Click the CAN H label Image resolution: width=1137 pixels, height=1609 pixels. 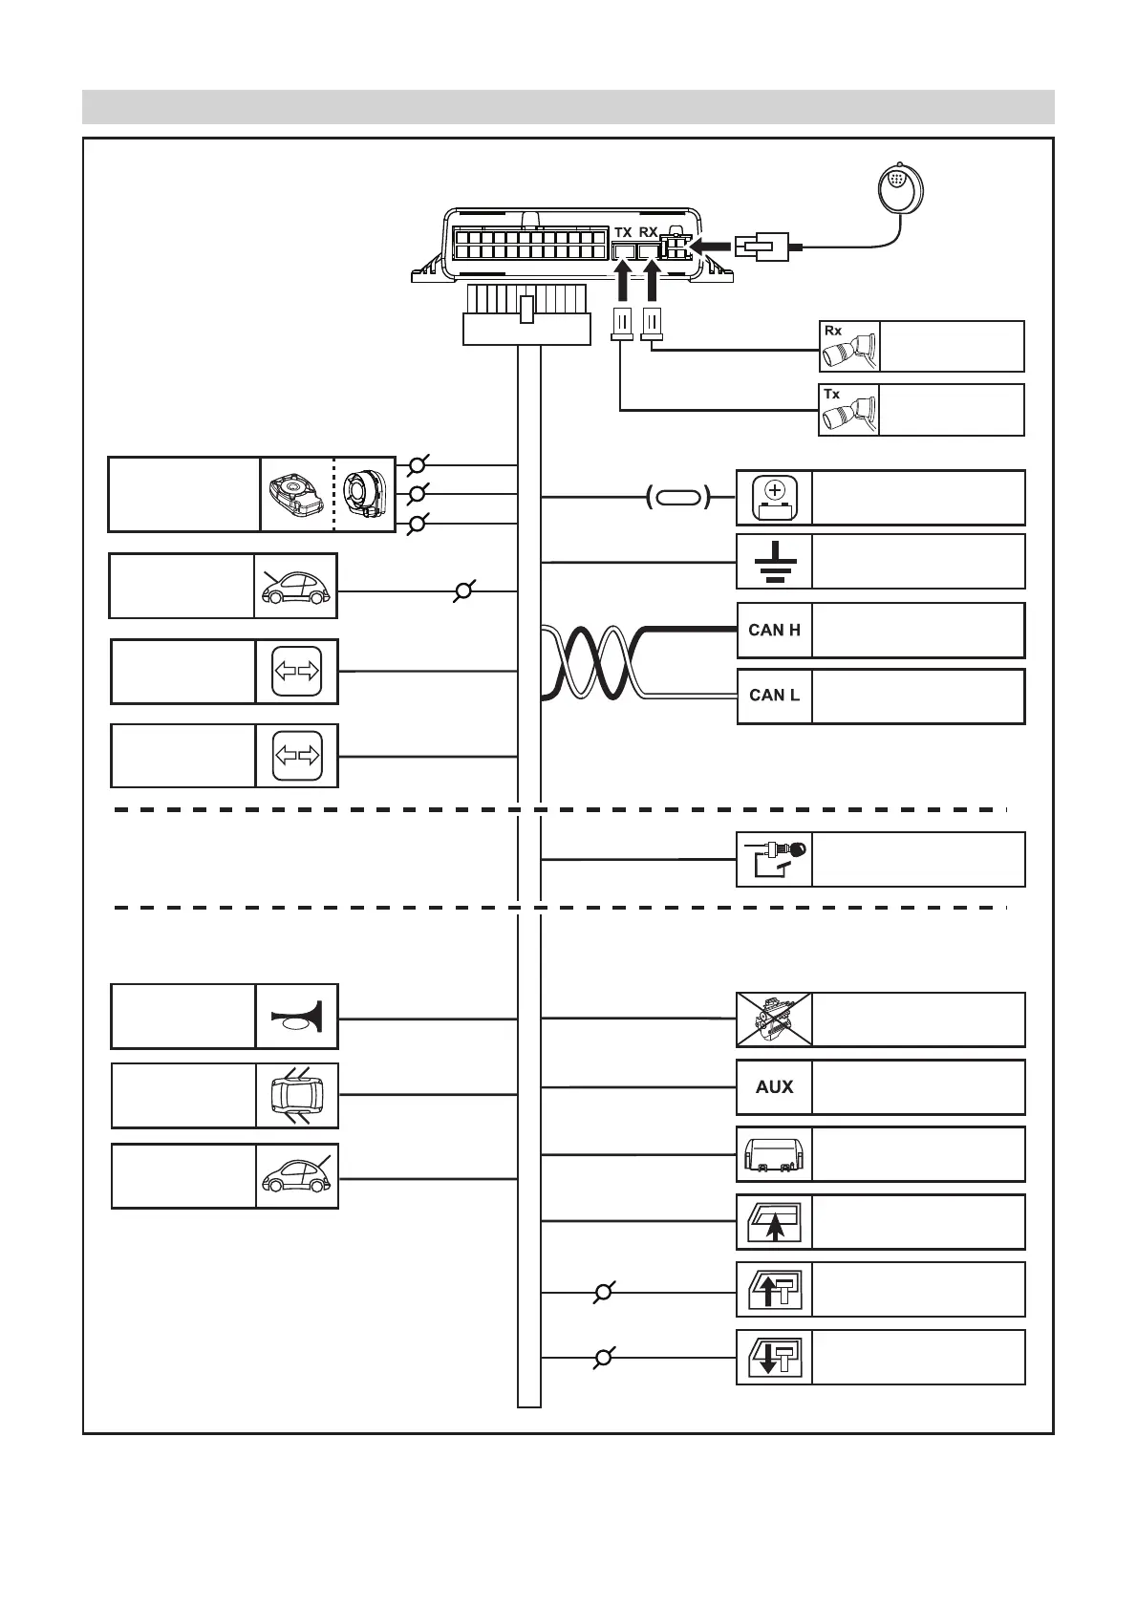(x=774, y=630)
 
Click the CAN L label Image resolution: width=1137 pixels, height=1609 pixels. (x=774, y=696)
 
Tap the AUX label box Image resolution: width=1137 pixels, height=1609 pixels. (x=774, y=1086)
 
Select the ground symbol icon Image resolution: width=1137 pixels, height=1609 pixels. (x=774, y=562)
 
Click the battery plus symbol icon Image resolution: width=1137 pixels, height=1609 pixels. (x=774, y=497)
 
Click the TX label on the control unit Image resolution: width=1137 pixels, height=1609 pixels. (x=623, y=232)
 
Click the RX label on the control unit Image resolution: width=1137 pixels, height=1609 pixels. (x=649, y=232)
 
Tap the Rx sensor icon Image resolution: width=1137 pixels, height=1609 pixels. (x=849, y=347)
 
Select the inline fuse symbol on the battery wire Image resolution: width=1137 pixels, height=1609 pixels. (x=678, y=497)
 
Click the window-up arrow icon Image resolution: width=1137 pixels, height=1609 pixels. (x=774, y=1222)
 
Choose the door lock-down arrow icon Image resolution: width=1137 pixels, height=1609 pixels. (x=774, y=1357)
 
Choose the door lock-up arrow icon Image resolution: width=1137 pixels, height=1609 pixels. (x=774, y=1289)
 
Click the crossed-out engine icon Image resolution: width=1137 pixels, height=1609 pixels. (x=774, y=1019)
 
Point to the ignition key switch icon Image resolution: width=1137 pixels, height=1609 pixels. (x=774, y=859)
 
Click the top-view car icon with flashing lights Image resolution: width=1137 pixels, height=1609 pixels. (x=297, y=1096)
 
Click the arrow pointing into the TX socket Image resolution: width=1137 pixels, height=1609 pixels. (x=623, y=283)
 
